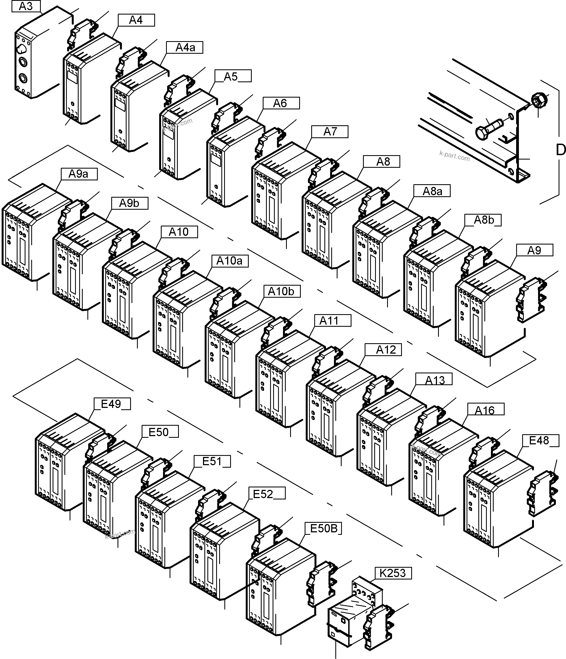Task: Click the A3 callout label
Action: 26,6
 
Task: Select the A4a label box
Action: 185,47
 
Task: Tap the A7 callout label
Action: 330,131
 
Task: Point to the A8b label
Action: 483,220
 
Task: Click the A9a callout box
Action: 79,174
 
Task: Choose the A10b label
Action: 282,291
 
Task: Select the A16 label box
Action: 485,410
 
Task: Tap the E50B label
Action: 323,528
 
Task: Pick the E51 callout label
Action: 212,461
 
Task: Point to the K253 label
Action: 393,573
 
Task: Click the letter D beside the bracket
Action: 561,150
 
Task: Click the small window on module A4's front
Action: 72,77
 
